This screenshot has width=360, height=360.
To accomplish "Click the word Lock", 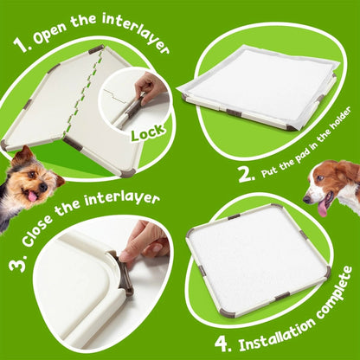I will click(149, 134).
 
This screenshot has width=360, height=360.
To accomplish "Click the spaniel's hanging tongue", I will click(323, 209).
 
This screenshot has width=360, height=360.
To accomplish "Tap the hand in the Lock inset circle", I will click(152, 86).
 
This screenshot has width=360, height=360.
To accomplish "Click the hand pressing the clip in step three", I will click(145, 241).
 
